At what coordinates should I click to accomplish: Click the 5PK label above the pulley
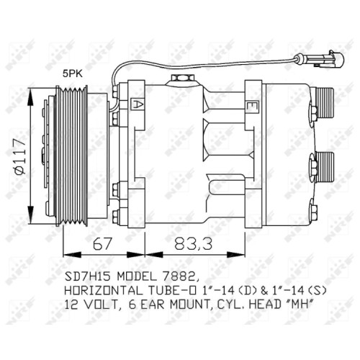[73, 73]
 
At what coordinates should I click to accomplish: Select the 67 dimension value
[102, 243]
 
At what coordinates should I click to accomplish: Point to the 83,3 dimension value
[193, 243]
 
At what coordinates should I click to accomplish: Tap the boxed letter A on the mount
[138, 104]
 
